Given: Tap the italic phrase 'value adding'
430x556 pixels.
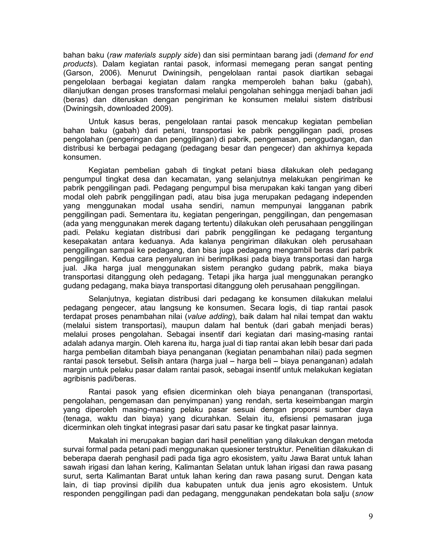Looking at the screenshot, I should coord(210,317).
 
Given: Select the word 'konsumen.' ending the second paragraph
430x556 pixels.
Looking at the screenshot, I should coord(82,157).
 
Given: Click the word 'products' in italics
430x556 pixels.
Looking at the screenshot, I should coord(78,64).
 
